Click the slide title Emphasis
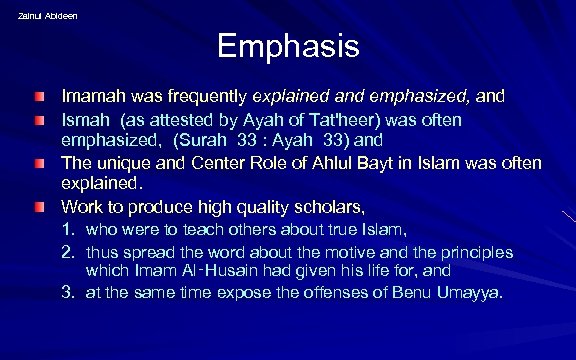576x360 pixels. [x=287, y=48]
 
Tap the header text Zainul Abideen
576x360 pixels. [x=47, y=15]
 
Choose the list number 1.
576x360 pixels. [x=69, y=231]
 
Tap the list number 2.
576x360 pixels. [x=69, y=252]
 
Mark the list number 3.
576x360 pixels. [x=69, y=293]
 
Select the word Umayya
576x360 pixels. [x=470, y=293]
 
